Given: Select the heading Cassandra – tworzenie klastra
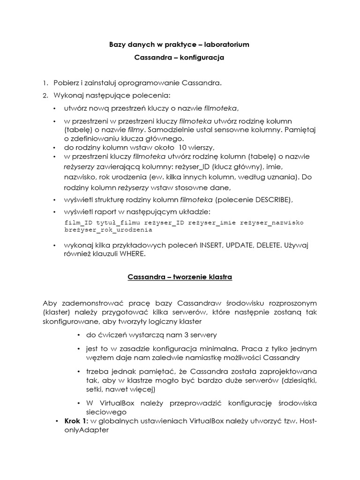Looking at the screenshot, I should pyautogui.click(x=180, y=277).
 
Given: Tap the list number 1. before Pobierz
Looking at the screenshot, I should pyautogui.click(x=45, y=83).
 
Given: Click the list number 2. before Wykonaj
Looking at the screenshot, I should pyautogui.click(x=45, y=96).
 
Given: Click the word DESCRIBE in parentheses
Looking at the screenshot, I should pyautogui.click(x=273, y=200).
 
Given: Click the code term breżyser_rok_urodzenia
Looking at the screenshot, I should pyautogui.click(x=108, y=230).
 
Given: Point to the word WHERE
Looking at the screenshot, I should pyautogui.click(x=132, y=254).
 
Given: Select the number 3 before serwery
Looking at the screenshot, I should pyautogui.click(x=164, y=335).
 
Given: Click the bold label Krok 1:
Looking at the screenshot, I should pyautogui.click(x=75, y=421).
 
